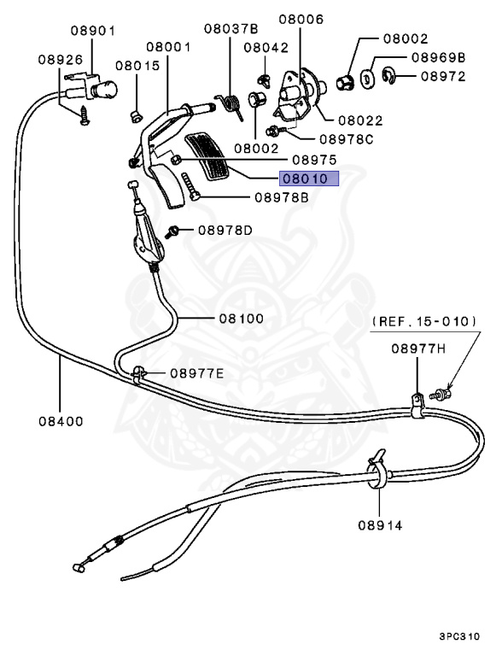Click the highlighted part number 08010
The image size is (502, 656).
[x=306, y=179]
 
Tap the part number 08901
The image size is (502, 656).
[x=92, y=31]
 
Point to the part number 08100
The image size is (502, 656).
[x=240, y=319]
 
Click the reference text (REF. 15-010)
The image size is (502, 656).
[x=424, y=321]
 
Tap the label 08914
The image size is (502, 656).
[x=380, y=525]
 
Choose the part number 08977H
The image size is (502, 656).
[x=418, y=348]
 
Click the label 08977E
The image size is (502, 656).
[x=196, y=372]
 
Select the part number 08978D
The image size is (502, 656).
[x=225, y=230]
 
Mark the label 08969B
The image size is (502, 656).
[x=437, y=58]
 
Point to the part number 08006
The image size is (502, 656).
[x=301, y=18]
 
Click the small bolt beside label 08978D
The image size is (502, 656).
[x=173, y=231]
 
